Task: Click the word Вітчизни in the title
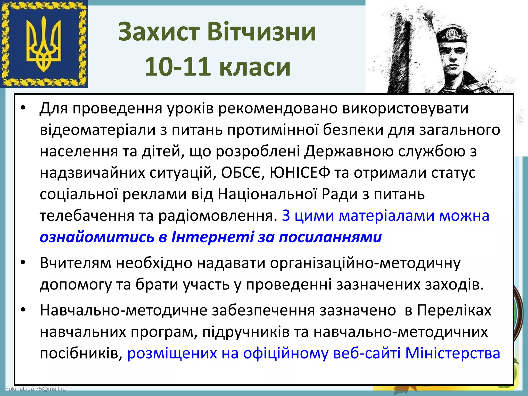(261, 32)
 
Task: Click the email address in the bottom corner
(36, 389)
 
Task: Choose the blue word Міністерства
(453, 353)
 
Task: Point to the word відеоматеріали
(98, 130)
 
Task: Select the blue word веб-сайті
(367, 353)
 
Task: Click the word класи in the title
(255, 67)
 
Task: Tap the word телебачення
(87, 216)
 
